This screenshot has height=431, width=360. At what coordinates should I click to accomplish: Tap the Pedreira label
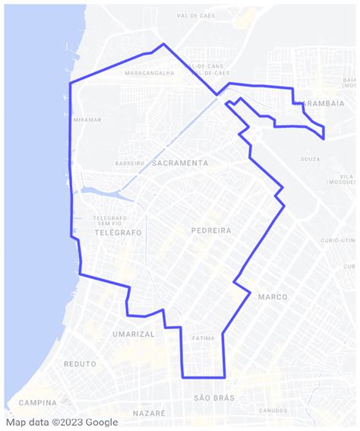point(210,230)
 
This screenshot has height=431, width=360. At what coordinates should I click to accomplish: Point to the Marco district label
point(273,296)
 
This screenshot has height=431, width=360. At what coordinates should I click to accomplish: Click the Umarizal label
point(133,334)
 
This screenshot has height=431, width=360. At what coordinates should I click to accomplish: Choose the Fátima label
point(204,338)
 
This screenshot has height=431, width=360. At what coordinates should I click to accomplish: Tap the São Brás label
point(214,398)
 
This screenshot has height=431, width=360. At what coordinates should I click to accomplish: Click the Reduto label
point(81,364)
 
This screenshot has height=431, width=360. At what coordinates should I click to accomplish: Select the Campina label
point(38,402)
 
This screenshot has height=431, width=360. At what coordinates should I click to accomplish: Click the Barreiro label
point(129,163)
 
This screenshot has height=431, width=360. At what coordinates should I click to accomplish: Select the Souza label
point(310,159)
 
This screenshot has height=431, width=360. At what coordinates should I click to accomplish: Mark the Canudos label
point(273,410)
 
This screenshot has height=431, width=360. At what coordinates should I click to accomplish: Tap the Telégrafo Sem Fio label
point(109,220)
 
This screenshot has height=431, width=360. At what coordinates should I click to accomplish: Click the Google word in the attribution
point(101,423)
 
